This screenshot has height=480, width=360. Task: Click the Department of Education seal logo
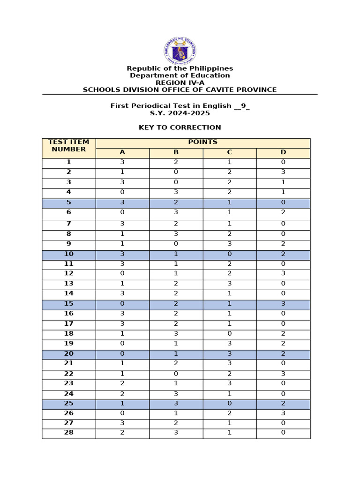(180, 51)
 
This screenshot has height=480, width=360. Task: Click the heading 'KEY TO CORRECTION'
(180, 127)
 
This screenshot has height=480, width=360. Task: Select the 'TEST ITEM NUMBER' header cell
(68, 146)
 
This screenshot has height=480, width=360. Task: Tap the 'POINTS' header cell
(202, 142)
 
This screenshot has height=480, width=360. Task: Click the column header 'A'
(122, 152)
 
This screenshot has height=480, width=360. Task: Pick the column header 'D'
(283, 152)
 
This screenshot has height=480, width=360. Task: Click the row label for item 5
(68, 202)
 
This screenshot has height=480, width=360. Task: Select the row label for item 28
(68, 433)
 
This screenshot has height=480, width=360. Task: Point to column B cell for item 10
(176, 254)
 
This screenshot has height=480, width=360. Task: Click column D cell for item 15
(283, 304)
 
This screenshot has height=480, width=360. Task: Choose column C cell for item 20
(230, 354)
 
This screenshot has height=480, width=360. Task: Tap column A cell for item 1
(122, 162)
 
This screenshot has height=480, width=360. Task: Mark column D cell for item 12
(283, 274)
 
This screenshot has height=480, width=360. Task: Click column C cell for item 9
(230, 244)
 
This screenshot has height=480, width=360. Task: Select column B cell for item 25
(176, 404)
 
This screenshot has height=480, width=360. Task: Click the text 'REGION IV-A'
(180, 82)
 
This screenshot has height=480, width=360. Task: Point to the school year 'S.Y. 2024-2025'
(180, 113)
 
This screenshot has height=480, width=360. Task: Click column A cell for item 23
(122, 384)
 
